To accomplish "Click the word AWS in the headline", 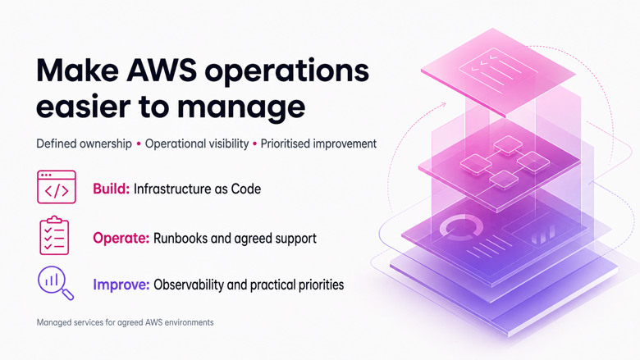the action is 162,71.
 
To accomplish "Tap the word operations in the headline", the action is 287,73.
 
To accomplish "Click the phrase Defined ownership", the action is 84,144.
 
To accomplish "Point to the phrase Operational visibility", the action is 197,144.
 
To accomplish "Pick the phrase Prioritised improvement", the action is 318,144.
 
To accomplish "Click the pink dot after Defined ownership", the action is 139,144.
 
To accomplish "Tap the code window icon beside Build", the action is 57,187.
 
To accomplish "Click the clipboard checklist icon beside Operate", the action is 54,235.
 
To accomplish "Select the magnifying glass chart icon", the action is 56,283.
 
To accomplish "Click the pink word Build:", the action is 111,189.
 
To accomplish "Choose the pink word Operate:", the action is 121,238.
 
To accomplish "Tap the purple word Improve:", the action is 121,285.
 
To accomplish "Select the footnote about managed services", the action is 125,322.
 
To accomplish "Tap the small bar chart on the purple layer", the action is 542,235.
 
